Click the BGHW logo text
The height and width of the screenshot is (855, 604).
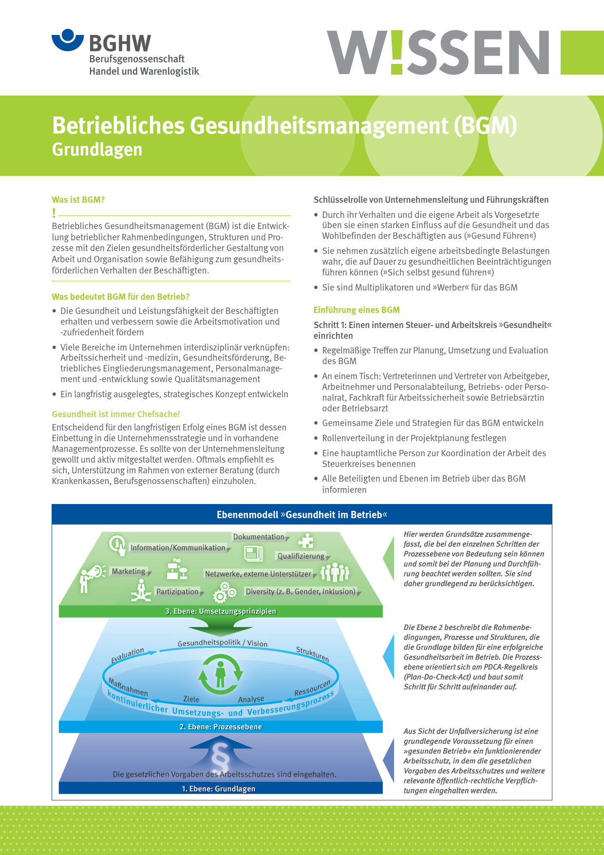(x=120, y=43)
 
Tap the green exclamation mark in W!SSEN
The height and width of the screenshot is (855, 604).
(x=396, y=52)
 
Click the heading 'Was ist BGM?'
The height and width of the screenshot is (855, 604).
(x=78, y=200)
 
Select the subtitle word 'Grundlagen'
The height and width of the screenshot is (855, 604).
(x=97, y=150)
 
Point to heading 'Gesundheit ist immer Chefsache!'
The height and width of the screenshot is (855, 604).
(x=116, y=414)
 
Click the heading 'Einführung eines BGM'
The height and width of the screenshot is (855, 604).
(x=357, y=310)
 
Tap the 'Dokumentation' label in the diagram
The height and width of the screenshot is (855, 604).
(x=259, y=537)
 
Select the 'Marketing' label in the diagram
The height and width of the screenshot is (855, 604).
(x=129, y=571)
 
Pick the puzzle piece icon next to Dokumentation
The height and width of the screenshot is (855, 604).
(x=305, y=541)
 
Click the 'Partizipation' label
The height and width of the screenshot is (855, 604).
(x=177, y=592)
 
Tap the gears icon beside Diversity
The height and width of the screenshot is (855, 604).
(x=225, y=592)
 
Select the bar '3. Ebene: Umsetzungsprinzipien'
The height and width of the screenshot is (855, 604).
(x=221, y=611)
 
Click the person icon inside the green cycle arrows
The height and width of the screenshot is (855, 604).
(x=221, y=674)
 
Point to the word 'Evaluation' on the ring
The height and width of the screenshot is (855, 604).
(x=128, y=656)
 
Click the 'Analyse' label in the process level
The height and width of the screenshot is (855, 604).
(x=251, y=700)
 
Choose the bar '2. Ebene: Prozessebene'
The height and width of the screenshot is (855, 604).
(x=221, y=727)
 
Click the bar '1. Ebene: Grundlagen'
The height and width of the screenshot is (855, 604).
(x=219, y=789)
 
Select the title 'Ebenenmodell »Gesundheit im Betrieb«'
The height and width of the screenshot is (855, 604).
(x=302, y=515)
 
